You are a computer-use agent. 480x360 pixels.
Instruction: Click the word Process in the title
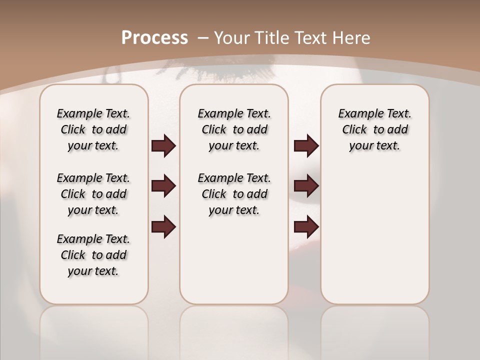tap(154, 37)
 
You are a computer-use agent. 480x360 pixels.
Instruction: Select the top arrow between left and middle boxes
tap(163, 146)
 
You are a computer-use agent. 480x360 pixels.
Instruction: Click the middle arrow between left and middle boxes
tap(163, 186)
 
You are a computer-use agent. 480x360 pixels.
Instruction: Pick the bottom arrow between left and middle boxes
tap(163, 227)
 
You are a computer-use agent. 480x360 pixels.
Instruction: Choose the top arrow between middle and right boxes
tap(306, 146)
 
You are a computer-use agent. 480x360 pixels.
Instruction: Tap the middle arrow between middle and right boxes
tap(306, 186)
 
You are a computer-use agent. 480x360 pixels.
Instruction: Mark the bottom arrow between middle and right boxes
tap(306, 227)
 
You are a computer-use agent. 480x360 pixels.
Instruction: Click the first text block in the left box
tap(93, 129)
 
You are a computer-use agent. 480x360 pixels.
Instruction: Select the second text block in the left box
tap(93, 194)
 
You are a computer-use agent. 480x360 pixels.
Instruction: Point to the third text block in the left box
tap(93, 255)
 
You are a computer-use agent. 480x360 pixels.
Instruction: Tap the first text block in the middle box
tap(234, 129)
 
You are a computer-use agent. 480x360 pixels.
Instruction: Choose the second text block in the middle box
tap(234, 194)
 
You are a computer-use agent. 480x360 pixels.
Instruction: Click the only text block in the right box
tap(375, 129)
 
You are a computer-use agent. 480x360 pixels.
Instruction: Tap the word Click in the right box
tap(354, 130)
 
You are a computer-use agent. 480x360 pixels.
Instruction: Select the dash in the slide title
tap(204, 38)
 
